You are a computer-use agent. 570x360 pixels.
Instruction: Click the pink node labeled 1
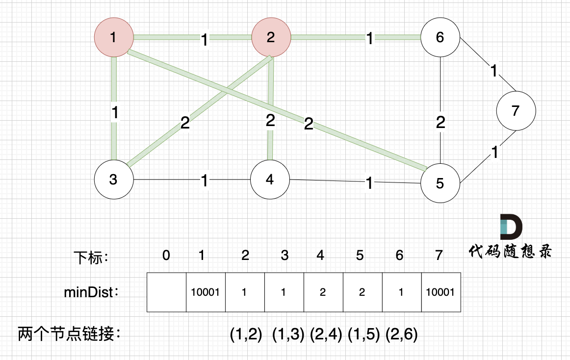click(114, 37)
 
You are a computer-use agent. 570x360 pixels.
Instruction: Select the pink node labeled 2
click(271, 37)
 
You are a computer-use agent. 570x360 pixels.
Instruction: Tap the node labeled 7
click(515, 111)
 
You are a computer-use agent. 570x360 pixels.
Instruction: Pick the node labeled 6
click(440, 37)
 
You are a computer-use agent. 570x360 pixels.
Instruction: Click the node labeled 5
click(440, 183)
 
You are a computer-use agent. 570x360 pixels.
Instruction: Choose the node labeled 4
click(270, 180)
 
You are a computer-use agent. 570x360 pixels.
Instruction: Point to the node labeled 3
click(114, 180)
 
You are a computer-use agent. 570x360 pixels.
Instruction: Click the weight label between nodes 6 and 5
click(440, 122)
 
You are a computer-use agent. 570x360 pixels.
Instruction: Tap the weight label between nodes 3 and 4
click(205, 181)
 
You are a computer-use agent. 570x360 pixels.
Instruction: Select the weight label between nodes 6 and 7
click(494, 72)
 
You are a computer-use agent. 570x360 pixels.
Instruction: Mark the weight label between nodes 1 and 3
click(115, 113)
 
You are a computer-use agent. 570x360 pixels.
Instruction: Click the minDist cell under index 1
click(206, 292)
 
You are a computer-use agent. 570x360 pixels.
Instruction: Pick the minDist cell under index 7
click(441, 292)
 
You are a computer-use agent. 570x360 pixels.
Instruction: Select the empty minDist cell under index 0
click(167, 292)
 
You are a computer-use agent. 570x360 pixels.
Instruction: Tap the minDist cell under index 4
click(323, 292)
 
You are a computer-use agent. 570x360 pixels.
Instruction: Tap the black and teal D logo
click(511, 227)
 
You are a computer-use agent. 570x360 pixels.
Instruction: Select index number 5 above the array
click(360, 255)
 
